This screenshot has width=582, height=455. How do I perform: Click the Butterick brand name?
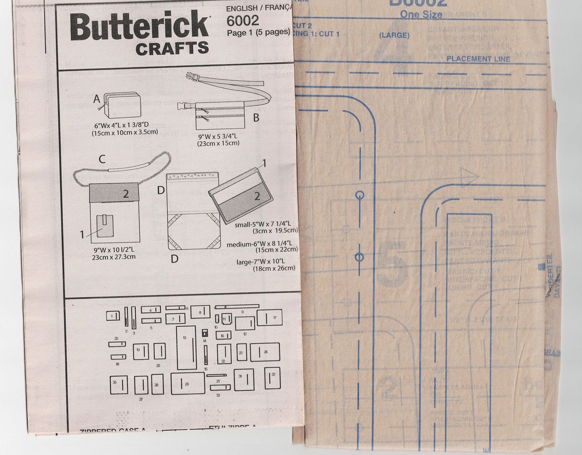[x=139, y=27]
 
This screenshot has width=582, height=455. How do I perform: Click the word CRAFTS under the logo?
[x=172, y=49]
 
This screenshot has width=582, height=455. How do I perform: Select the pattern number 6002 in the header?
[x=243, y=20]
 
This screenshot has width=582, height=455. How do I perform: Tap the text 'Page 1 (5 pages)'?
[x=258, y=32]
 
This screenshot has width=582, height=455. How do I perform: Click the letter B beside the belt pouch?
[x=256, y=117]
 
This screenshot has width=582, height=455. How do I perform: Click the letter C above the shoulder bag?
[x=102, y=159]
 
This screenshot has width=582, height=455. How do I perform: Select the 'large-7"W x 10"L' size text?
[x=261, y=261]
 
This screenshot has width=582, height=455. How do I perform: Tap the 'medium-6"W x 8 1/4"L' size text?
[x=259, y=244]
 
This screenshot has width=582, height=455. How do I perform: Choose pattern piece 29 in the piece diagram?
[x=188, y=383]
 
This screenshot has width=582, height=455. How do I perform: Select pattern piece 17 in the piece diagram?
[x=269, y=317]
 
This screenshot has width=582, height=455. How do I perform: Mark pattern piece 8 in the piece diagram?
[x=200, y=312]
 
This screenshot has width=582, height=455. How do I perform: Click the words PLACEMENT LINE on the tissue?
[x=478, y=59]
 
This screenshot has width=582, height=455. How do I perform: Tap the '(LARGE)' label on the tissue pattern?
[x=394, y=35]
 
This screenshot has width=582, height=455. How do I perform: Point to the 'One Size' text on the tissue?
[x=421, y=14]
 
